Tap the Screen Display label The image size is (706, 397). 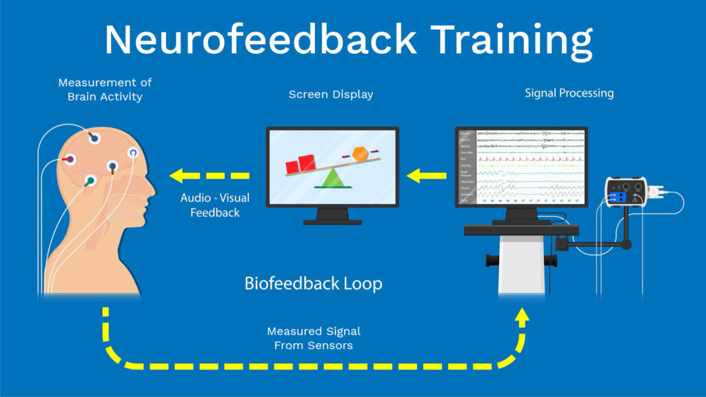click(331, 94)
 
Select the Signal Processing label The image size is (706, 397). click(568, 92)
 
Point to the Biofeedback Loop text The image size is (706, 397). click(313, 283)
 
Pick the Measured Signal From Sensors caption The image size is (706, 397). click(314, 338)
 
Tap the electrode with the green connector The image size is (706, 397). click(89, 181)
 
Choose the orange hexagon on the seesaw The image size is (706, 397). click(360, 154)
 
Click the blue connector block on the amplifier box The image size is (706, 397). click(618, 198)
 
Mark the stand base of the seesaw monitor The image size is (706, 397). click(332, 221)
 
